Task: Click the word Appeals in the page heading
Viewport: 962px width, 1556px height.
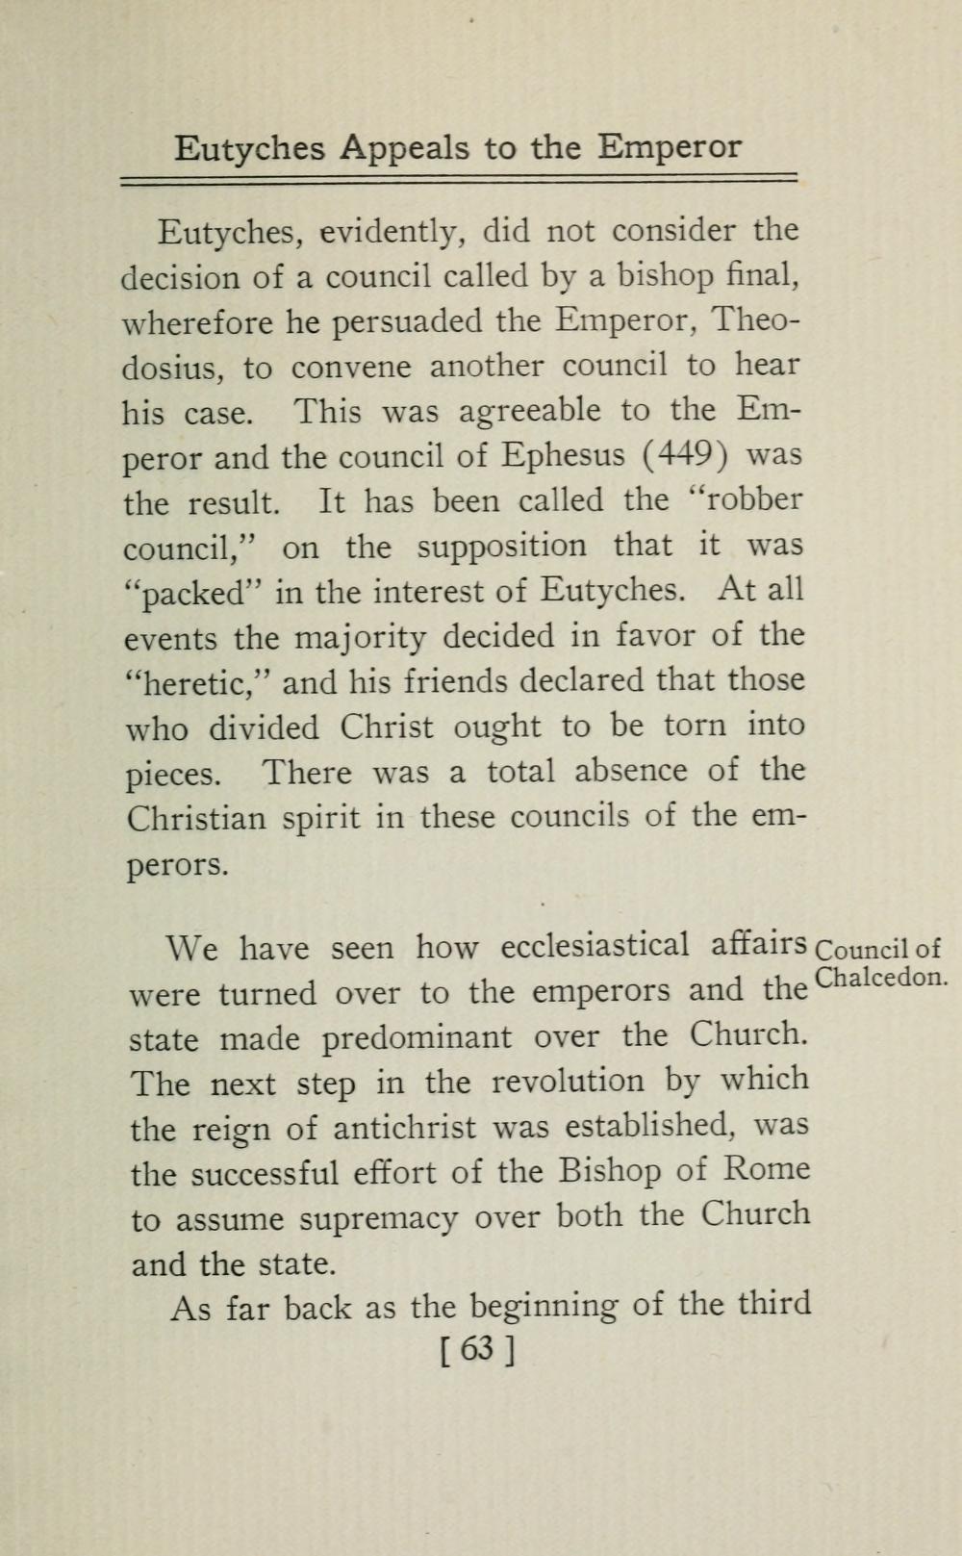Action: (405, 149)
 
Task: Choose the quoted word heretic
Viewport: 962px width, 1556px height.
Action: (196, 682)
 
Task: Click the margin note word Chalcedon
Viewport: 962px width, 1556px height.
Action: (880, 978)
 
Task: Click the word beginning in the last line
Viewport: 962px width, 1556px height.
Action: (544, 1307)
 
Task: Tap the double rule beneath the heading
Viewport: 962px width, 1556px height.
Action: (460, 179)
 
